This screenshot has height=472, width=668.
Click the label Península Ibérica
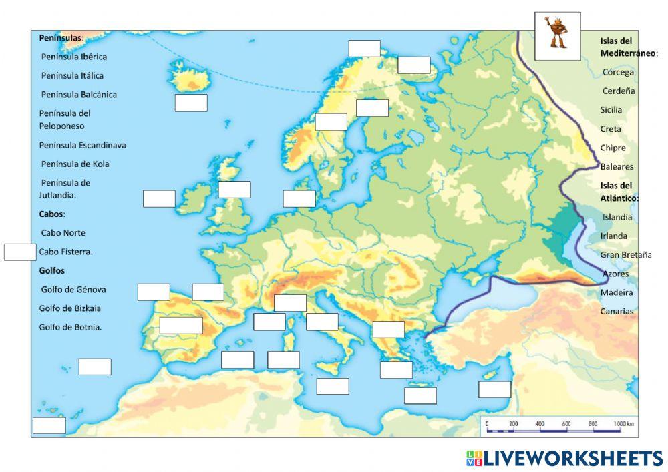click(73, 57)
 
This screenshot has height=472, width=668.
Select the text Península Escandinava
click(82, 145)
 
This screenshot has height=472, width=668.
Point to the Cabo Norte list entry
click(63, 233)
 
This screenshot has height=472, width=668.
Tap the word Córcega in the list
click(618, 72)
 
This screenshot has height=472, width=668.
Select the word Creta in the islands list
click(611, 129)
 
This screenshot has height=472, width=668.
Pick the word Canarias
click(617, 311)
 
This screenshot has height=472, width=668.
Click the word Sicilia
click(611, 109)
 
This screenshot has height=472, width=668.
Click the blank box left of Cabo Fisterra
click(20, 252)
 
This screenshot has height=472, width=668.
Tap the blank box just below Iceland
click(190, 103)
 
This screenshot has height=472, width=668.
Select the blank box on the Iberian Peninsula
click(180, 325)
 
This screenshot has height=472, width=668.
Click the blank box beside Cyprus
click(494, 389)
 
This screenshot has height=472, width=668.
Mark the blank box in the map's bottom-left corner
click(49, 425)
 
